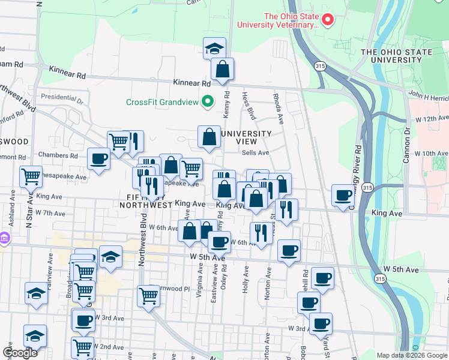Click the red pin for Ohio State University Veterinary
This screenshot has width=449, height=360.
[328, 20]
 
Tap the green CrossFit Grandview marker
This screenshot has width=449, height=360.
[207, 101]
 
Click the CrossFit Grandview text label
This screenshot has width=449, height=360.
[161, 102]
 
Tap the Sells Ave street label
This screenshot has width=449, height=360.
[255, 153]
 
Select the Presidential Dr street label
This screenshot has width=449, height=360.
[61, 96]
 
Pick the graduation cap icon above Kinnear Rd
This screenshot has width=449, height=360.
[214, 49]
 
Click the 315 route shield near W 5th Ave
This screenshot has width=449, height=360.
[379, 279]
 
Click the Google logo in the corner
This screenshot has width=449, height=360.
[20, 352]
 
